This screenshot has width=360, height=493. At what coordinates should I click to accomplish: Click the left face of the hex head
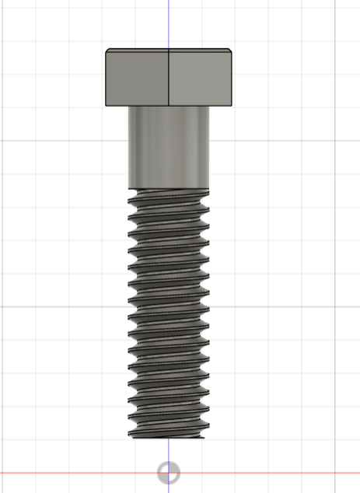(137, 79)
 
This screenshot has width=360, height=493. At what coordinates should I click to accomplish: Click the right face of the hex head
(201, 79)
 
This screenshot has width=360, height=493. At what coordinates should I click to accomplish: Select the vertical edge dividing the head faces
(169, 78)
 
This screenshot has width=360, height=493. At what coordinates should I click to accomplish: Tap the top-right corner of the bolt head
(232, 51)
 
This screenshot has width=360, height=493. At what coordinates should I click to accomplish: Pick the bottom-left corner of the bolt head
(106, 105)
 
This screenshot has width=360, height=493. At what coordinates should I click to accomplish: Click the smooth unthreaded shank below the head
(169, 148)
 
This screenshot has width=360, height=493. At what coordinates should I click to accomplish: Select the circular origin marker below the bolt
(168, 472)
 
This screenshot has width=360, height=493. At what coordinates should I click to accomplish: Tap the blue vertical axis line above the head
(169, 23)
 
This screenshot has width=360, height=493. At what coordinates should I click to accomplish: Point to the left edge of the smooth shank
(129, 148)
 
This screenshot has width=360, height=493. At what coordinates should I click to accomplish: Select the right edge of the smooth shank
(209, 148)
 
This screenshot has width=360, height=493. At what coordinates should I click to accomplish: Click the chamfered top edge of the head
(169, 51)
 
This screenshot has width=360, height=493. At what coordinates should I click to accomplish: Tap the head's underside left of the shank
(117, 106)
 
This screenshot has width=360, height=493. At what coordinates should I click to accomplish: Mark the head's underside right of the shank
(222, 106)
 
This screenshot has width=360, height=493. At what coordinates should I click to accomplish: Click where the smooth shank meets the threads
(169, 188)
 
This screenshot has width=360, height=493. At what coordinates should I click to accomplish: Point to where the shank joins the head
(169, 107)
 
